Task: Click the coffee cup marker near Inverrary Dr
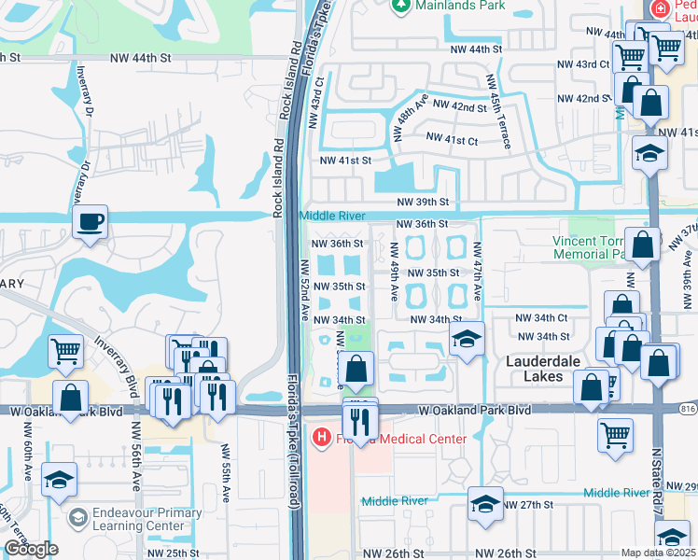coord(90,222)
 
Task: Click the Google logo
coord(31,549)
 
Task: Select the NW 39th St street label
coord(423,202)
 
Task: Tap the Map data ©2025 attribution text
coord(658,553)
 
